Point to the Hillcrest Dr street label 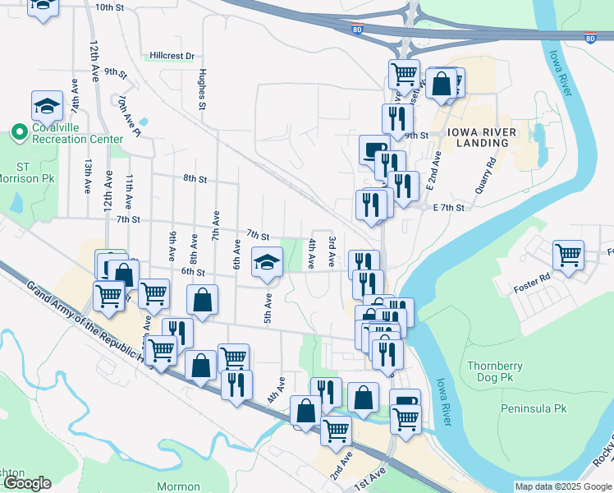pos(172,56)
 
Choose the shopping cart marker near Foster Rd pos(568,256)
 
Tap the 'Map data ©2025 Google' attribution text pos(563,486)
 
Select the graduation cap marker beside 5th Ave pos(266,264)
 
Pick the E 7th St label pos(448,208)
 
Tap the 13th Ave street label pos(86,176)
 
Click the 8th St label pos(195,178)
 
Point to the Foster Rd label pos(531,283)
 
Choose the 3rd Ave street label pos(332,251)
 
